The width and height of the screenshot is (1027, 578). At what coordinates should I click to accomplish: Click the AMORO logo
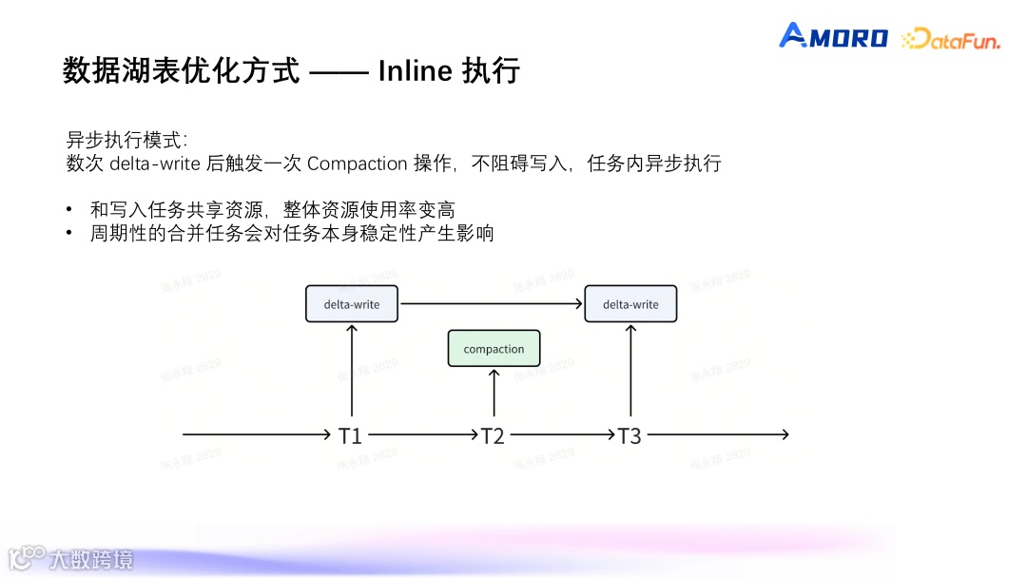[x=833, y=37]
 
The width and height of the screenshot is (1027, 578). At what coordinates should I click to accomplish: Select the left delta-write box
[x=352, y=304]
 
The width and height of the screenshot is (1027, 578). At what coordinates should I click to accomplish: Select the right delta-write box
[x=630, y=304]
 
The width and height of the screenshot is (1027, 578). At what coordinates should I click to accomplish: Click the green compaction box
[x=494, y=349]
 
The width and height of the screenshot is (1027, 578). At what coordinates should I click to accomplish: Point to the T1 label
[x=350, y=435]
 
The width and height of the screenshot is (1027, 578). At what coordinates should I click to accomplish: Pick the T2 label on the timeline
[x=492, y=435]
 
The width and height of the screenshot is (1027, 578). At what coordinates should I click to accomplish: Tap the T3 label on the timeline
[x=630, y=435]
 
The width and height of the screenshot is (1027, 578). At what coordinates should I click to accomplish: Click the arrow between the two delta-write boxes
[x=491, y=304]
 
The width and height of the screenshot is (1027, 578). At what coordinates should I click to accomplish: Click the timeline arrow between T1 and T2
[x=421, y=434]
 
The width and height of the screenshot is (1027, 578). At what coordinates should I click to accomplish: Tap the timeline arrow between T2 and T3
[x=561, y=434]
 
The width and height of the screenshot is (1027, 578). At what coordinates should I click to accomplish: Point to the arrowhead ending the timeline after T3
[x=785, y=434]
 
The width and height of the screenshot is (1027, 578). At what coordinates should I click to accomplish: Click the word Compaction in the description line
[x=357, y=164]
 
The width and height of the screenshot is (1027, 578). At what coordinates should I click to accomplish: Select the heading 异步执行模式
[x=114, y=140]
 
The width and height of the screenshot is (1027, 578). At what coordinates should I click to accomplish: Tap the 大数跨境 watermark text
[x=91, y=559]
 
